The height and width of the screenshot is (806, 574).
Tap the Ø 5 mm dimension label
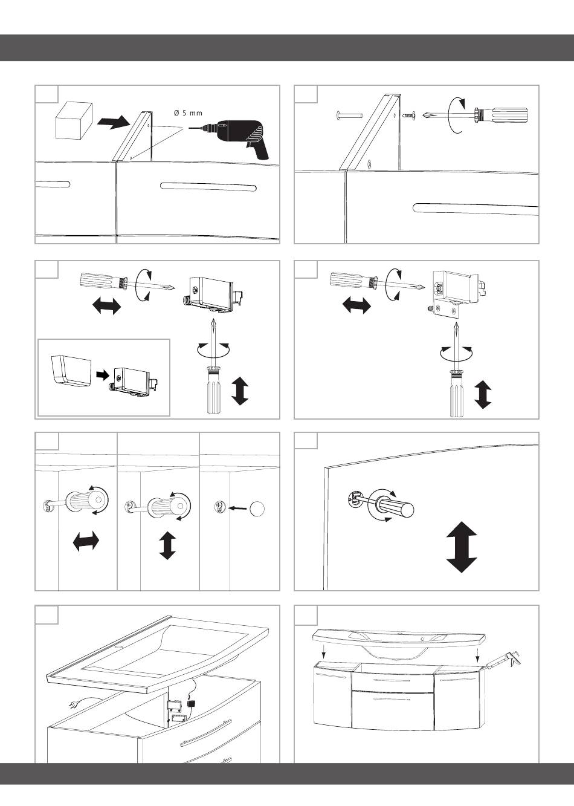(188, 113)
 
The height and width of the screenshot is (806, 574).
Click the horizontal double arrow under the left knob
(86, 541)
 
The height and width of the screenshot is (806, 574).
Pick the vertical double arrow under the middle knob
(167, 545)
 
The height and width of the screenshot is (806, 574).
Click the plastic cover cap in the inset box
(71, 373)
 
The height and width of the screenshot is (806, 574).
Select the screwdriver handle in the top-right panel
(503, 115)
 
